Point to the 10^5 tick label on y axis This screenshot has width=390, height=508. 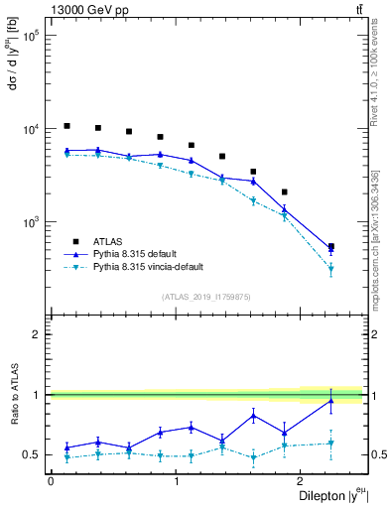click(31, 36)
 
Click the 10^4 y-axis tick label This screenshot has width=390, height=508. click(31, 129)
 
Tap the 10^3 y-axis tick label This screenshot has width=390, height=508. click(31, 222)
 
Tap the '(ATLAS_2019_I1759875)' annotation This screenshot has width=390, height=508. click(206, 296)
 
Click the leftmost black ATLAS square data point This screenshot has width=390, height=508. click(66, 126)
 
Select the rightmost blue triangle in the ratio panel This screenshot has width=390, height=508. click(330, 400)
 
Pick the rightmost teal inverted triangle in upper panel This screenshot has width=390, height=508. click(330, 269)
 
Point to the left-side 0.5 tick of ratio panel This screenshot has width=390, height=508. click(38, 454)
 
